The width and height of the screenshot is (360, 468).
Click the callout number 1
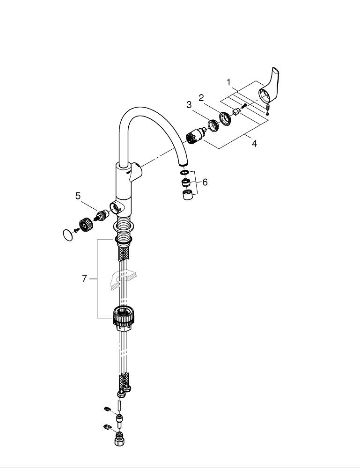pos(228,82)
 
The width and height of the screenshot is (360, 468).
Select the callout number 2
pos(201,98)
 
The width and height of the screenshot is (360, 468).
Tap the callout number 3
pos(189,105)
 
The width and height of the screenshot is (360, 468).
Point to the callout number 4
pos(254,144)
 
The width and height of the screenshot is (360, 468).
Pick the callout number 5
pos(78,196)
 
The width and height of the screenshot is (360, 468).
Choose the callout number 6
pos(205,182)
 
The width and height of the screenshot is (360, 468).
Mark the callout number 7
pos(84,278)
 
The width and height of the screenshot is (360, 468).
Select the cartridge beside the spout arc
pos(195,135)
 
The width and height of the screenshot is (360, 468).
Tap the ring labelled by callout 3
pos(213,125)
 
